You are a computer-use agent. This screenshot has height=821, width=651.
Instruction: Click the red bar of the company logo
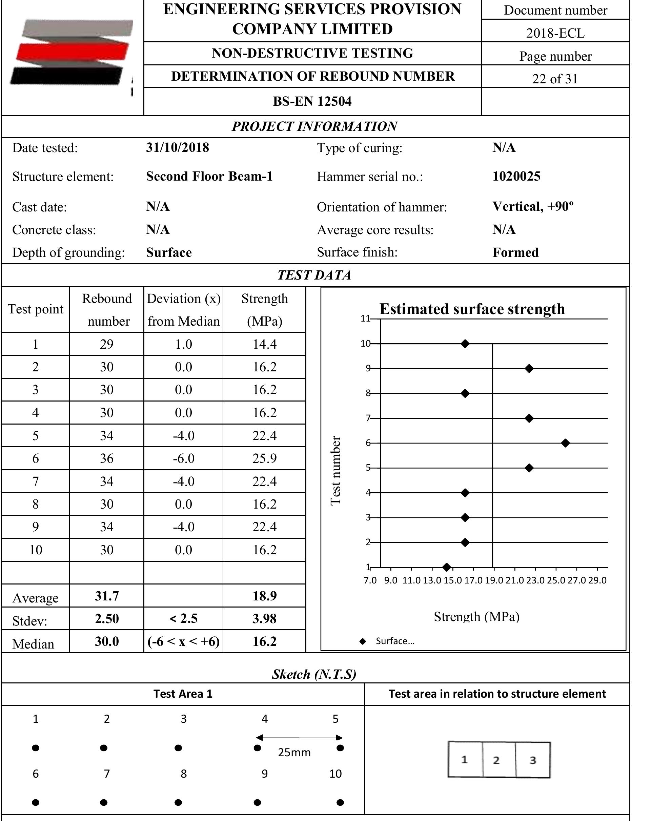click(73, 52)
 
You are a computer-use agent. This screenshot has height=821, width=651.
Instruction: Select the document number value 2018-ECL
click(555, 34)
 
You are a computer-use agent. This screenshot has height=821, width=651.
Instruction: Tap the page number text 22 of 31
click(555, 79)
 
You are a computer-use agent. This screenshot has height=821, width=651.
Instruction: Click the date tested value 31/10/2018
click(178, 148)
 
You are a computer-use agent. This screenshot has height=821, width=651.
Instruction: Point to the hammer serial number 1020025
click(516, 176)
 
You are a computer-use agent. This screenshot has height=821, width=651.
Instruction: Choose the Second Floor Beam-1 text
click(209, 176)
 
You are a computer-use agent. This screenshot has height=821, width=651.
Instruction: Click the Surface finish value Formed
click(515, 252)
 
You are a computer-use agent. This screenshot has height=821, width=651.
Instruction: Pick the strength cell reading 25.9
click(264, 458)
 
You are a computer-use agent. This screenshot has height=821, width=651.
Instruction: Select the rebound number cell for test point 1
click(107, 344)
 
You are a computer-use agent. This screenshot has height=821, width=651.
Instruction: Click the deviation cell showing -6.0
click(183, 458)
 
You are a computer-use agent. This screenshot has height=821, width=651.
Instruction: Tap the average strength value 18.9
click(264, 596)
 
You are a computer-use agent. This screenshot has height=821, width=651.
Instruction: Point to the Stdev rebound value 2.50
click(107, 619)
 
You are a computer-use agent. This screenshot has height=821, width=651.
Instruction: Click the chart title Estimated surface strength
click(472, 309)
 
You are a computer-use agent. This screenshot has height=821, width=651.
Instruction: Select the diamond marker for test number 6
click(565, 443)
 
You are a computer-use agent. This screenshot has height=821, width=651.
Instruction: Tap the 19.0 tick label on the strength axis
click(494, 580)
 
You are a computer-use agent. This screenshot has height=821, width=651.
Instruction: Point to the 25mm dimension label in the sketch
click(294, 753)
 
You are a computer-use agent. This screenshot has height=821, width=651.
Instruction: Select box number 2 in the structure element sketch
click(496, 760)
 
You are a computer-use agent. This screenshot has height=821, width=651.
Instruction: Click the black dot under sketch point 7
click(104, 803)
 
